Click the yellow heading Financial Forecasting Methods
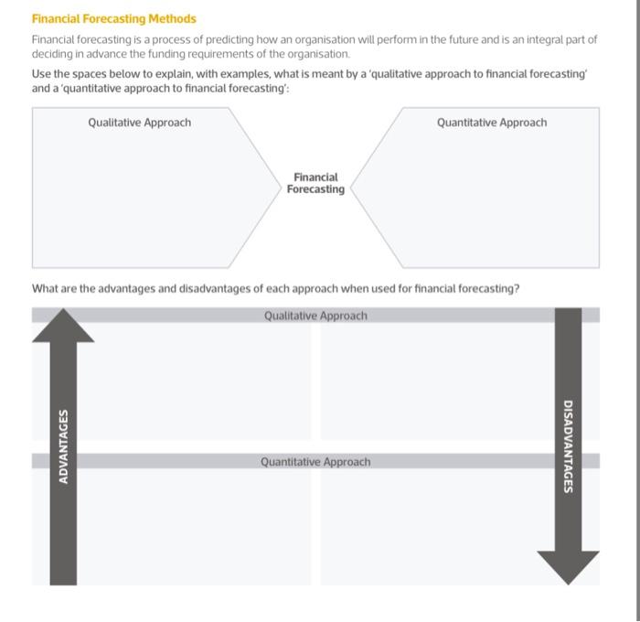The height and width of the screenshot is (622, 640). click(x=114, y=18)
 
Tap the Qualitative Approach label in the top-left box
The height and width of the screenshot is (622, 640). click(x=140, y=123)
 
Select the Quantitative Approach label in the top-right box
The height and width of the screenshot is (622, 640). click(x=492, y=123)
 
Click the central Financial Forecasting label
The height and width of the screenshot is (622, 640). click(x=315, y=183)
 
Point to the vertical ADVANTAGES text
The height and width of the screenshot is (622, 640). click(x=63, y=446)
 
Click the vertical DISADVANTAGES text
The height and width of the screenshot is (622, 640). click(x=568, y=446)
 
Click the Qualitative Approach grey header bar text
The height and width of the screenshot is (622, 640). click(x=315, y=316)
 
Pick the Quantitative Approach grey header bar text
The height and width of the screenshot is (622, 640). click(x=315, y=462)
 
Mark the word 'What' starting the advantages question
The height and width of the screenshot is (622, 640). click(x=45, y=289)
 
